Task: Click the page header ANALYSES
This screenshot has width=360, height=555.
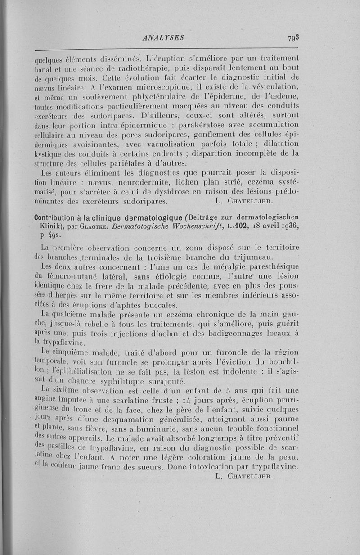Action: coord(162,38)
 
